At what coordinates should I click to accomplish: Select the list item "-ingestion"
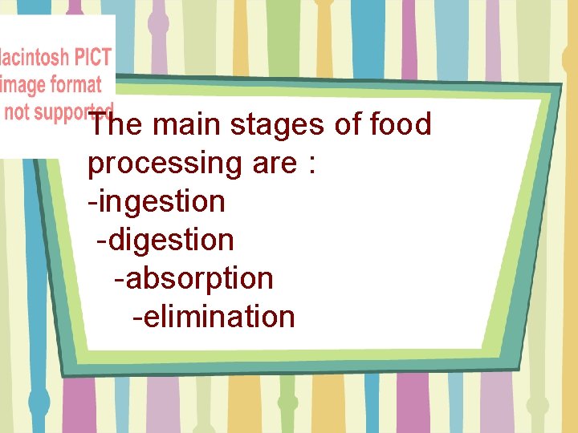point(157,202)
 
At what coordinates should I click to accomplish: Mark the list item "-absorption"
point(193,279)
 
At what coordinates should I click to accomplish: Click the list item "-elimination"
point(214,317)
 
